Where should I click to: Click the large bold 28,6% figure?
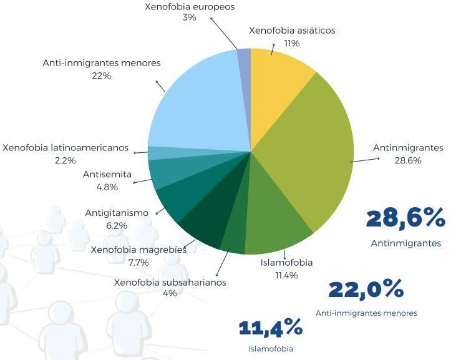(x=405, y=218)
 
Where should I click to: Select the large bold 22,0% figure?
(x=366, y=289)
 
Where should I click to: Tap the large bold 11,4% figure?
(x=271, y=327)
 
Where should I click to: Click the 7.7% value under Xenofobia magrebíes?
(x=138, y=263)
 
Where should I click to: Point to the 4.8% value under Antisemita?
(x=107, y=187)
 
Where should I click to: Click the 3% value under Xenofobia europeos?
(x=190, y=18)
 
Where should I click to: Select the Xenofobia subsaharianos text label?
(x=170, y=283)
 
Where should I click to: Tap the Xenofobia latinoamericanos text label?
(x=66, y=148)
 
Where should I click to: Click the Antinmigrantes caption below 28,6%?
(x=405, y=243)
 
